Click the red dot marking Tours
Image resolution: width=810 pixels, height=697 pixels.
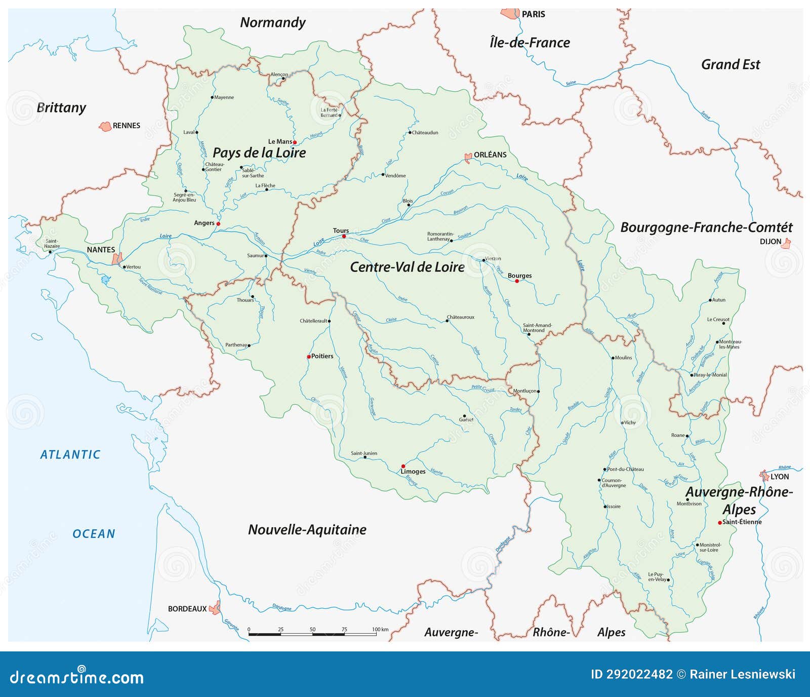344,237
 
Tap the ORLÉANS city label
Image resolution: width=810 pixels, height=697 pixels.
490,154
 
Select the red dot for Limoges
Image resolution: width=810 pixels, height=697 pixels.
403,466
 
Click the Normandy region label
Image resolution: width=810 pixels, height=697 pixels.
272,22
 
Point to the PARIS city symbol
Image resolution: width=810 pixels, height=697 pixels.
510,13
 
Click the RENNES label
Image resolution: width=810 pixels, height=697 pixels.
126,126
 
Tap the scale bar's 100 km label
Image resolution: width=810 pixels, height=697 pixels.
380,629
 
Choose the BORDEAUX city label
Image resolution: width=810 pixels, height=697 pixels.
187,609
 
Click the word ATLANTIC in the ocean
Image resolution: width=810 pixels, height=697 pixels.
70,454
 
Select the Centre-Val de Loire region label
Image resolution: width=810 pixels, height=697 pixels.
407,267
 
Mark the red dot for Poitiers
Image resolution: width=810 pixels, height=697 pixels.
309,357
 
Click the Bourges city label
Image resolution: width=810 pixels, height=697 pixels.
519,276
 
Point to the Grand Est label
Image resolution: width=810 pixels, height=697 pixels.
730,64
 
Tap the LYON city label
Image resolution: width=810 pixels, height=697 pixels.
780,477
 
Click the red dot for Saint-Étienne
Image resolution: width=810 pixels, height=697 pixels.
719,522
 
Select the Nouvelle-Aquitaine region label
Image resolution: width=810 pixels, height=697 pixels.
307,529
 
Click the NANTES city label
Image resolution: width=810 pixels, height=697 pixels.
101,249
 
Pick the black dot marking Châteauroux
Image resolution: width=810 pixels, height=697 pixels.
447,321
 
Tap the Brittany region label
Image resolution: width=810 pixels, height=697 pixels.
61,107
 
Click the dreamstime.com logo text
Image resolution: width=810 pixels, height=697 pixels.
77,677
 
